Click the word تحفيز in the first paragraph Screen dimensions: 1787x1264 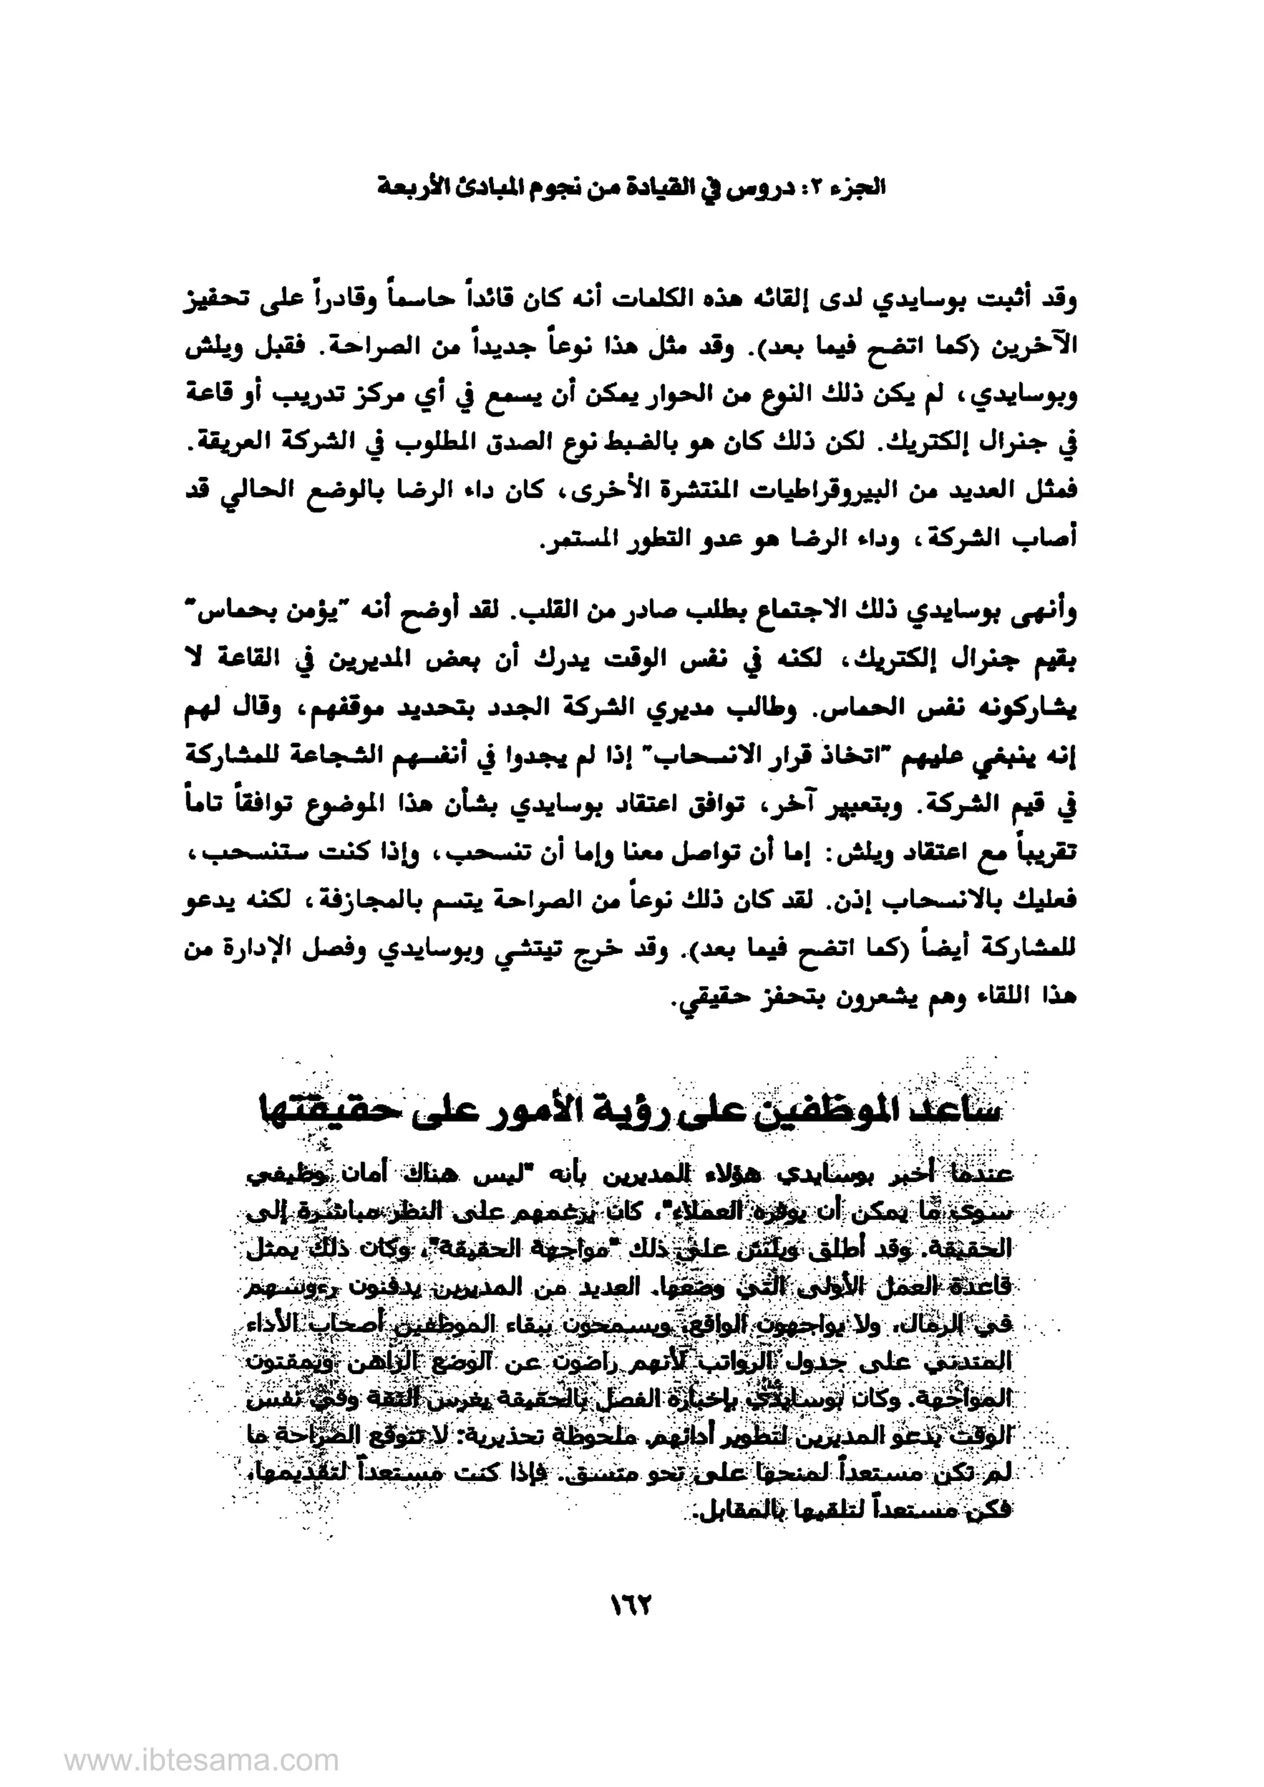coord(215,301)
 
